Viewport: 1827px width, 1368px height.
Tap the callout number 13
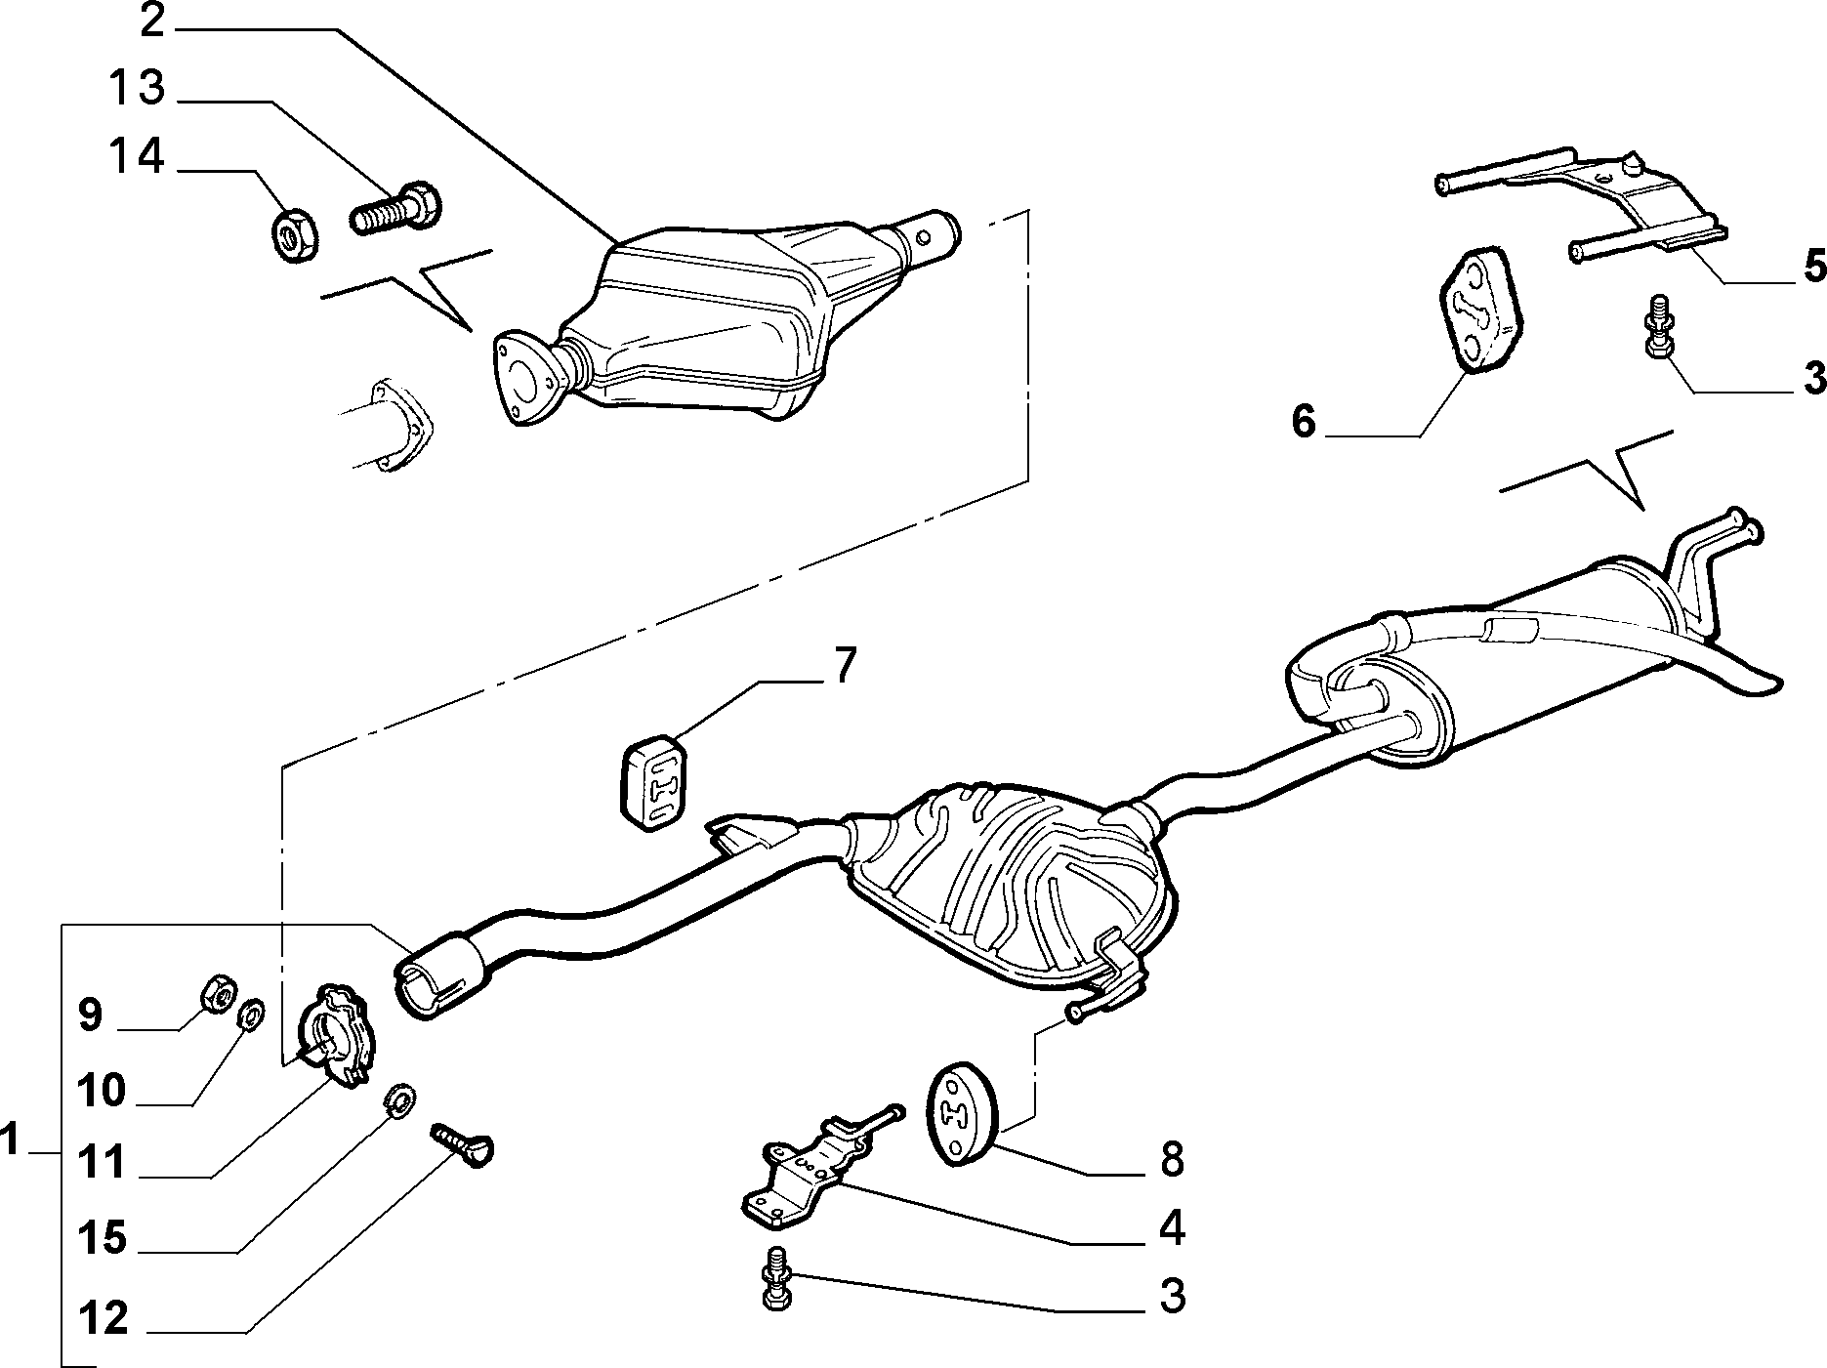(x=136, y=87)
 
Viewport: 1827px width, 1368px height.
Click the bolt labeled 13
(x=394, y=208)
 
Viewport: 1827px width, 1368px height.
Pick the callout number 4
(x=1171, y=1226)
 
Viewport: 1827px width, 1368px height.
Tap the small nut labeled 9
(x=217, y=995)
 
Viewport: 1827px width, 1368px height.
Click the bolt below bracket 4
(x=776, y=1276)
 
